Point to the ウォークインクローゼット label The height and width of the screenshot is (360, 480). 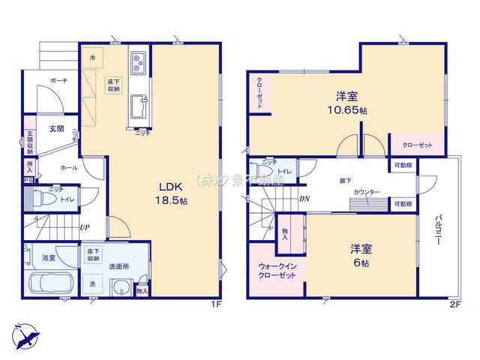[x=277, y=270]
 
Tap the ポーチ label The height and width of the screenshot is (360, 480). [x=59, y=80]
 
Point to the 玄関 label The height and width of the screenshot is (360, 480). [x=57, y=128]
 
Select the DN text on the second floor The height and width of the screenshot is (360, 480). [x=304, y=199]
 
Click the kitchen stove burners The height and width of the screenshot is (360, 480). [x=139, y=61]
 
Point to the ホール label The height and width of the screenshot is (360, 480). [x=68, y=168]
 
